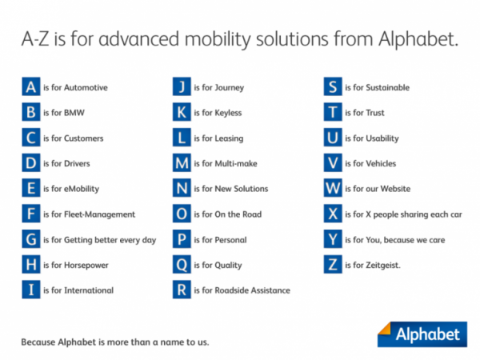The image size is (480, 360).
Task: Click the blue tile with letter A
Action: [31, 86]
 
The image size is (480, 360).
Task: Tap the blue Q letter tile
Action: [182, 264]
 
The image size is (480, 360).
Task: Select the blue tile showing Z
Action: [333, 264]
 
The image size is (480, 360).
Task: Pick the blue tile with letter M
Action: [182, 162]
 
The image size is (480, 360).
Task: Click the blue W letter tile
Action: [333, 188]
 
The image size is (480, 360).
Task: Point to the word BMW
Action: [74, 113]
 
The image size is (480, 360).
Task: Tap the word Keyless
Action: [228, 113]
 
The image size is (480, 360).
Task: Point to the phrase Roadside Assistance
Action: [253, 290]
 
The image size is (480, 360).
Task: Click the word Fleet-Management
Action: [99, 214]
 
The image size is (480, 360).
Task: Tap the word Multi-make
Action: [236, 163]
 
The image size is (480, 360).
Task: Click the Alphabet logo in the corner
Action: [422, 334]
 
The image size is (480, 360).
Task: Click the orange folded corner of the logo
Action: [385, 329]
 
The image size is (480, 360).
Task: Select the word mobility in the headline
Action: [218, 40]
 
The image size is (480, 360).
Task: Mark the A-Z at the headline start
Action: [35, 39]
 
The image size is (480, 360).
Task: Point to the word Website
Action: [395, 189]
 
